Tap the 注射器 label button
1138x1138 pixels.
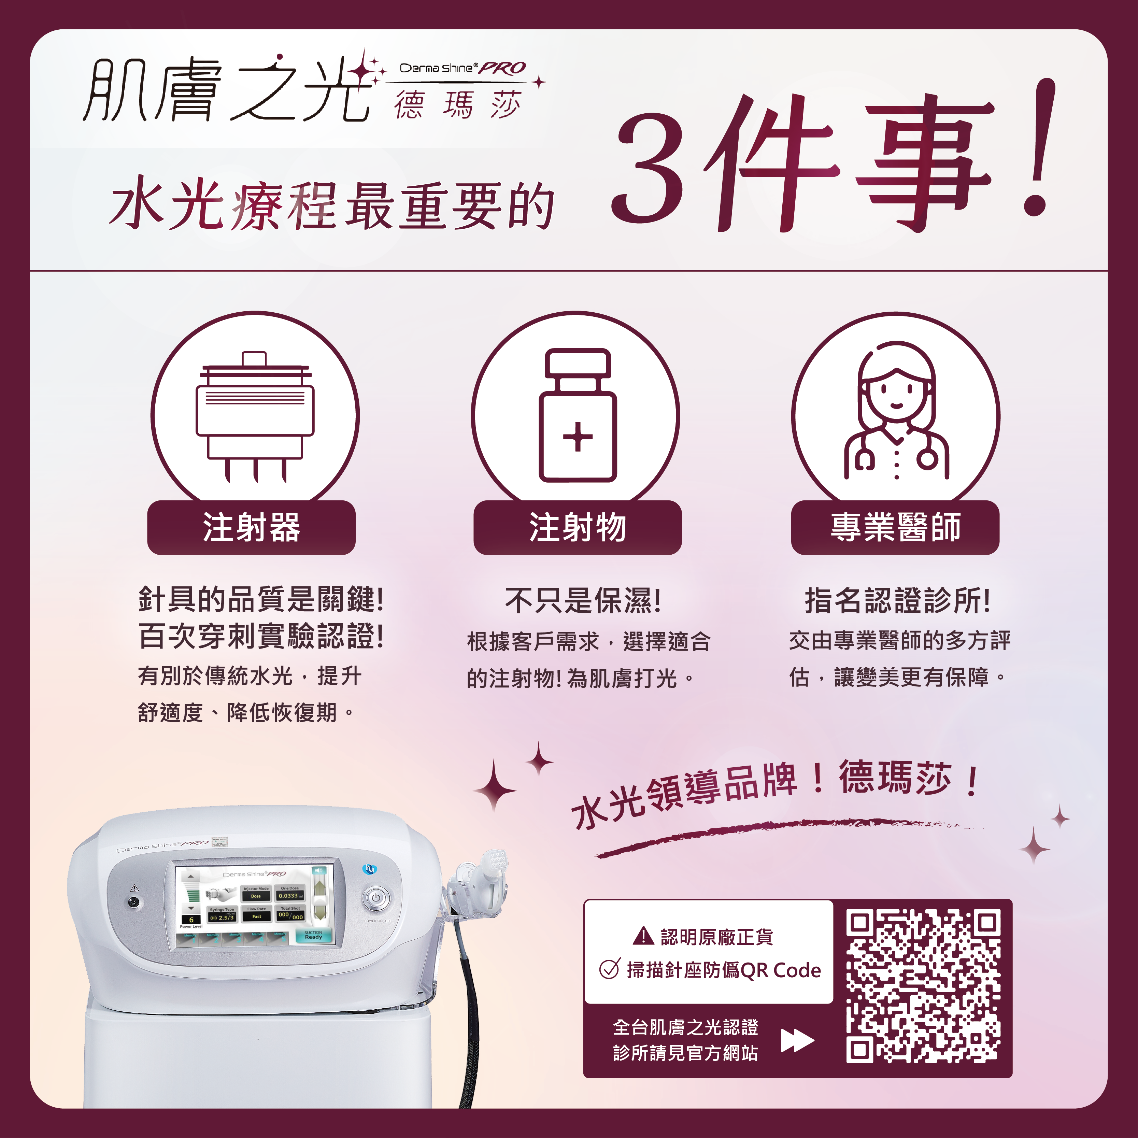click(x=252, y=527)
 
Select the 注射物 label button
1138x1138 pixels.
click(x=577, y=527)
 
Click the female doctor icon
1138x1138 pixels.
click(x=896, y=412)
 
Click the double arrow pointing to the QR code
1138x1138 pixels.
click(x=797, y=1040)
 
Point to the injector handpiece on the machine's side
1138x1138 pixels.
click(x=480, y=884)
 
